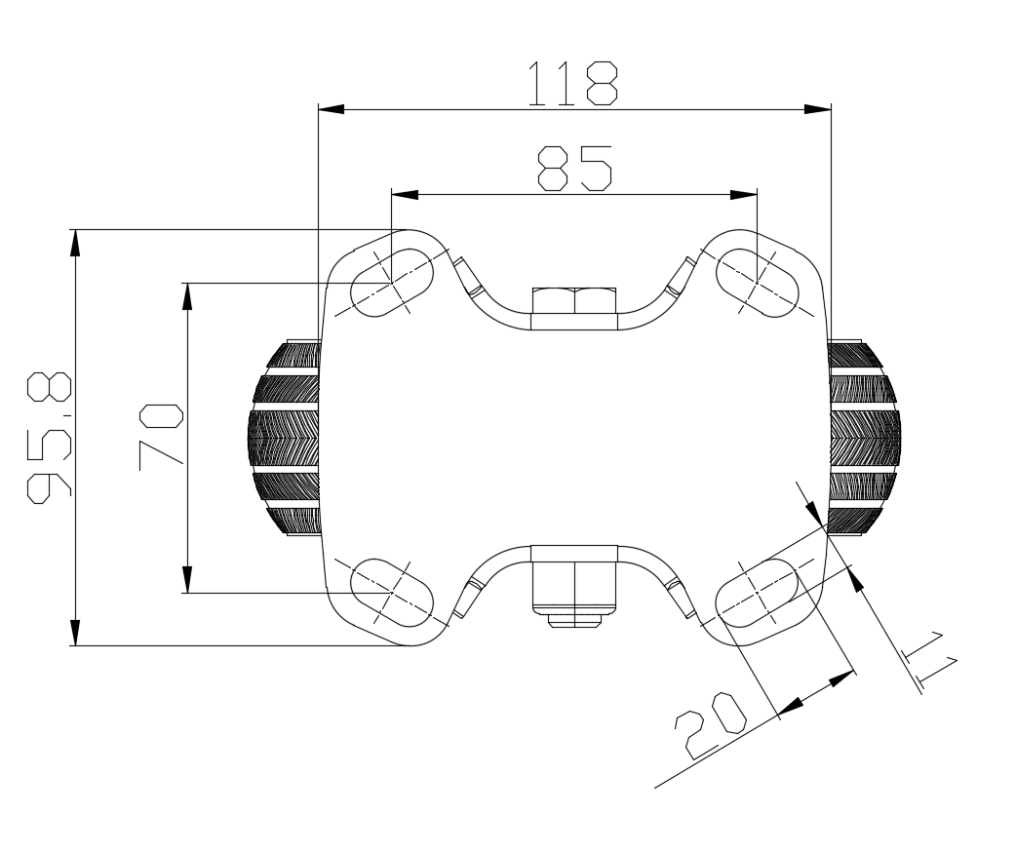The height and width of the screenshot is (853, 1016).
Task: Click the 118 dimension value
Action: [572, 84]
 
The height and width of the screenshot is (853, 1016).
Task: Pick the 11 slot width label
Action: [929, 663]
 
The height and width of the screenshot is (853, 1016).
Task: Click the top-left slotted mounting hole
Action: [391, 283]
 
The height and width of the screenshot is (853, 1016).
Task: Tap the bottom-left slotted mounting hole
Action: [391, 592]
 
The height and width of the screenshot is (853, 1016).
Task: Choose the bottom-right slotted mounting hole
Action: [759, 592]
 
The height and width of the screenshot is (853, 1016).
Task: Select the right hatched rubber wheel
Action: [863, 439]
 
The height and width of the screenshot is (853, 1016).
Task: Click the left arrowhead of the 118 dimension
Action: [332, 109]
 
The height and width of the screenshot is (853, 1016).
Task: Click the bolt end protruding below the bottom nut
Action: [574, 620]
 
